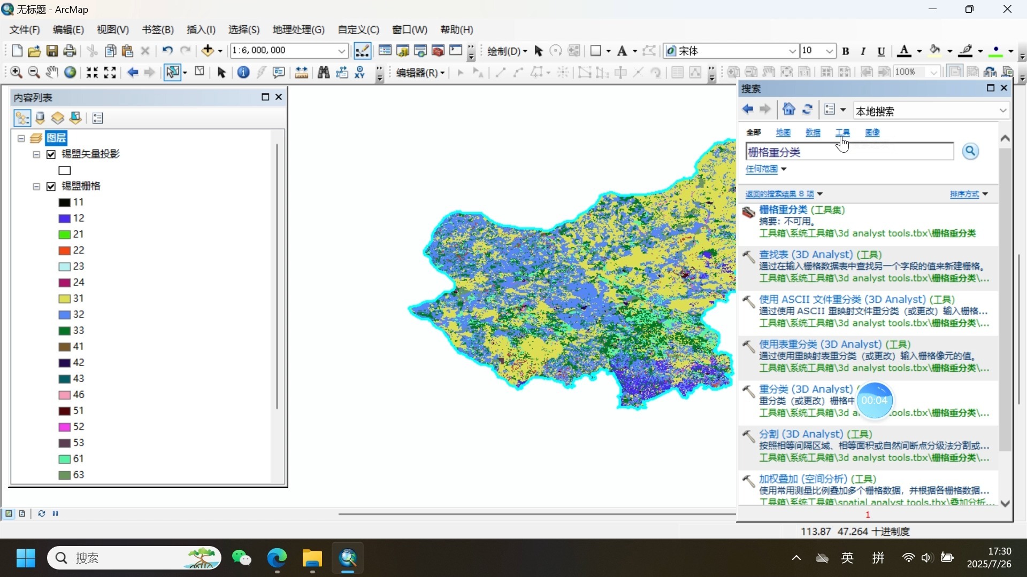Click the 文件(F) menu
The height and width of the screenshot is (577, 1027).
25,30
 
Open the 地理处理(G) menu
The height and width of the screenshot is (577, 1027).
298,30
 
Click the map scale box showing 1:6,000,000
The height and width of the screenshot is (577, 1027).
283,51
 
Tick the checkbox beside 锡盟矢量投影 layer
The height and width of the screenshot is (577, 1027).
51,154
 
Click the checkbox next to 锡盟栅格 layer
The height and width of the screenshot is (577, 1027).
51,186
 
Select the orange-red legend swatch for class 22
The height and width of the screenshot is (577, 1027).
64,251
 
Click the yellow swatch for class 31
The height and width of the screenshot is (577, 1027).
64,299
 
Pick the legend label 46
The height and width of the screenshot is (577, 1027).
79,395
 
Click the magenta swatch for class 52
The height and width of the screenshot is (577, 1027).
64,427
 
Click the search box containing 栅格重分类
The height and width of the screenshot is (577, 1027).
849,152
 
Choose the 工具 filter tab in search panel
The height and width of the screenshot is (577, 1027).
842,132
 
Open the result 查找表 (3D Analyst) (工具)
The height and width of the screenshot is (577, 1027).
820,255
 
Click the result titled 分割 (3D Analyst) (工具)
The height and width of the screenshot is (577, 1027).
815,434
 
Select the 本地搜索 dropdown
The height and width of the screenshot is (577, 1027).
931,111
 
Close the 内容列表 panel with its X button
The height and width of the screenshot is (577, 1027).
279,97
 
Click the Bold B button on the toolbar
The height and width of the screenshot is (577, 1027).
846,51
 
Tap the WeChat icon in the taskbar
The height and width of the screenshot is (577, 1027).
242,558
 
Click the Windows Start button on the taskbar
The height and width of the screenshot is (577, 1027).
26,558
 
